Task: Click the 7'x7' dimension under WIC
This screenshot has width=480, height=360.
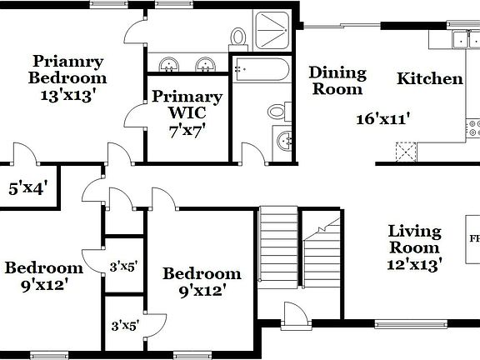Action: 187,130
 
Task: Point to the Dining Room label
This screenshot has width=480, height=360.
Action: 337,80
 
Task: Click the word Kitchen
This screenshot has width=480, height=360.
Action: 429,79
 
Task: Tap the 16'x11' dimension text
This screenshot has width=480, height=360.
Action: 383,118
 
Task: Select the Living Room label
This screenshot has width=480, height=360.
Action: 415,239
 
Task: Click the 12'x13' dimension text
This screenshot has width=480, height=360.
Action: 415,264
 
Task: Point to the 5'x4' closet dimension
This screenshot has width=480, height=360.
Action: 27,187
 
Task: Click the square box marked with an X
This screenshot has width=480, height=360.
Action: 406,151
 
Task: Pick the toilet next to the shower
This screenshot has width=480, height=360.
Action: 238,37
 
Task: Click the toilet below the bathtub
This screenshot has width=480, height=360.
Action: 277,111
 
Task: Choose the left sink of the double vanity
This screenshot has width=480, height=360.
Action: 169,63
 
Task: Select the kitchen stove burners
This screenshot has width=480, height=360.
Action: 474,128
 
